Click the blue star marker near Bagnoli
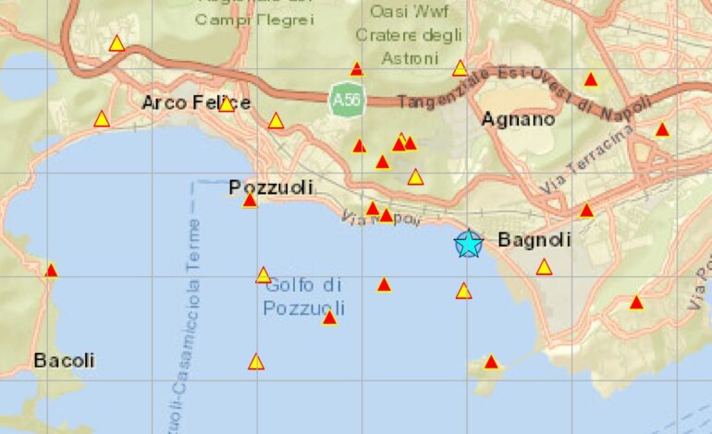click(469, 244)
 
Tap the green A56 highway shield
click(345, 100)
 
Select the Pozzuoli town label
click(271, 187)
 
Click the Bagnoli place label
click(534, 240)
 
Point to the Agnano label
click(518, 119)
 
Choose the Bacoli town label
click(64, 360)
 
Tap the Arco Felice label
click(195, 102)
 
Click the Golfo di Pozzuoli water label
click(304, 296)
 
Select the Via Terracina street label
click(588, 158)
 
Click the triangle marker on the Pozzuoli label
click(250, 199)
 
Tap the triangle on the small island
click(491, 362)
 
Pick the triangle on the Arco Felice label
click(226, 104)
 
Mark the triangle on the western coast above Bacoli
click(52, 271)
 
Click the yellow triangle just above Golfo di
click(264, 275)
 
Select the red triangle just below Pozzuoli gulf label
click(329, 318)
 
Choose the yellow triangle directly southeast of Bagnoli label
click(544, 268)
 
